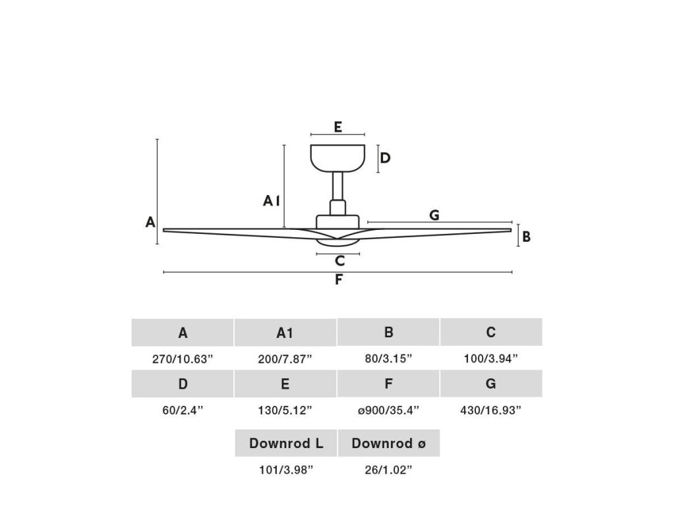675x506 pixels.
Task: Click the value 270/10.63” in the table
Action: tap(183, 359)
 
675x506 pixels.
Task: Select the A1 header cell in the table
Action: tap(285, 333)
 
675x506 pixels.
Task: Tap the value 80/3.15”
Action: tap(388, 359)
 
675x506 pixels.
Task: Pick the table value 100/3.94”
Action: tap(491, 359)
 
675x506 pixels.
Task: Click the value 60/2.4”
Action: tap(183, 410)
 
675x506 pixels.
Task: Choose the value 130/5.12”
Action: tap(285, 410)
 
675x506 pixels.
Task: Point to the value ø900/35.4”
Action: tap(388, 410)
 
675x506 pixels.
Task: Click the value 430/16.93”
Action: tap(491, 410)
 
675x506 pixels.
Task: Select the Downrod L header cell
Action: tap(286, 443)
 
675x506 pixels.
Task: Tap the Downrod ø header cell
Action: tap(388, 443)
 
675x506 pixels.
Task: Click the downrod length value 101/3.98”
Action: tap(285, 470)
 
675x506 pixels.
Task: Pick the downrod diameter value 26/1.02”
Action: tap(388, 470)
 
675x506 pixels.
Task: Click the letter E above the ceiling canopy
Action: tap(337, 126)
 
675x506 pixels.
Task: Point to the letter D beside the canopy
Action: tap(386, 158)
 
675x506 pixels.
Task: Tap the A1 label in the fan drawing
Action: tap(272, 201)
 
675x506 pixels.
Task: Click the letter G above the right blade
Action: tap(434, 215)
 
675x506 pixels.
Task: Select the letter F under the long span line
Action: tap(338, 279)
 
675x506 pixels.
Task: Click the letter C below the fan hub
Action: tap(339, 261)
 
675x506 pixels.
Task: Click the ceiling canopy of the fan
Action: tap(337, 158)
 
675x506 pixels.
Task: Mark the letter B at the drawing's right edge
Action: tap(526, 236)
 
